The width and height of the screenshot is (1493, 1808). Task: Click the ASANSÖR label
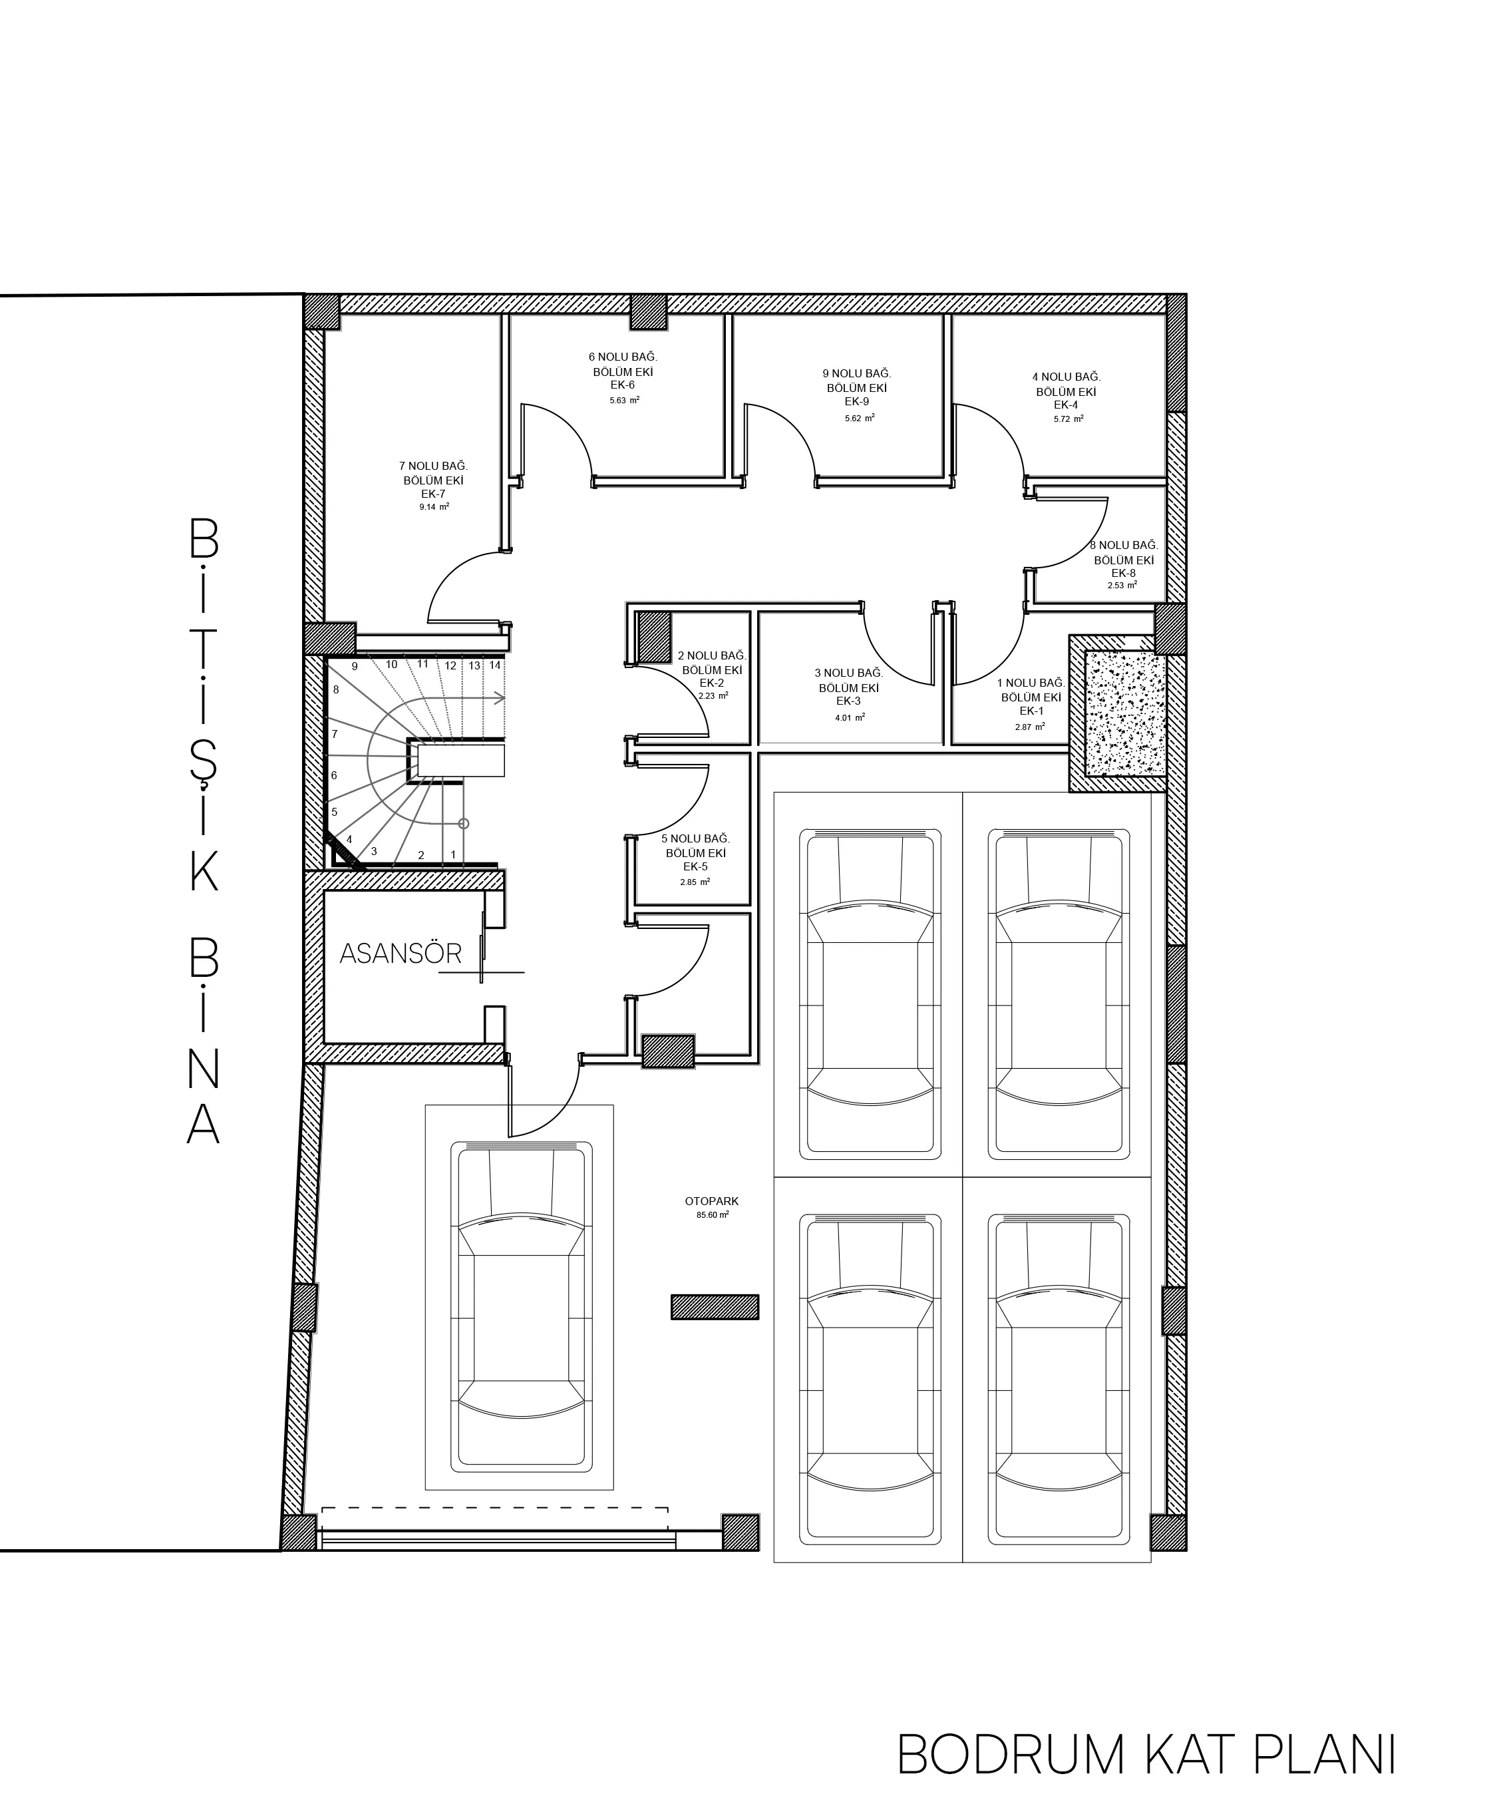tap(401, 953)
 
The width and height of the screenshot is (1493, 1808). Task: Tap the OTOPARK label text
tap(712, 1202)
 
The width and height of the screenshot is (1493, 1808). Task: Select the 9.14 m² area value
tap(434, 508)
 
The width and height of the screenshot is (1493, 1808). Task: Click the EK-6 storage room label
tap(623, 385)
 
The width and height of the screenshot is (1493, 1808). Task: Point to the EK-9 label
tap(856, 402)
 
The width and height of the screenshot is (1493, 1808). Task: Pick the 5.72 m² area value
tap(1068, 419)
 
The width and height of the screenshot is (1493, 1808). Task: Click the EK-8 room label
tap(1123, 573)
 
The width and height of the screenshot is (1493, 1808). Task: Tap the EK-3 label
tap(849, 701)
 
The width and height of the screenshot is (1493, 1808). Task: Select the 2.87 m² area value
tap(1029, 727)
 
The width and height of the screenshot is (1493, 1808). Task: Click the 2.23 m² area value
tap(713, 696)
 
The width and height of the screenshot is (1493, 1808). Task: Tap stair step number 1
tap(453, 855)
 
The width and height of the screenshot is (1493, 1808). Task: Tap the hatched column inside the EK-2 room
tap(653, 637)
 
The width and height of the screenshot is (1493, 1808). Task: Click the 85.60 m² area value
tap(712, 1215)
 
